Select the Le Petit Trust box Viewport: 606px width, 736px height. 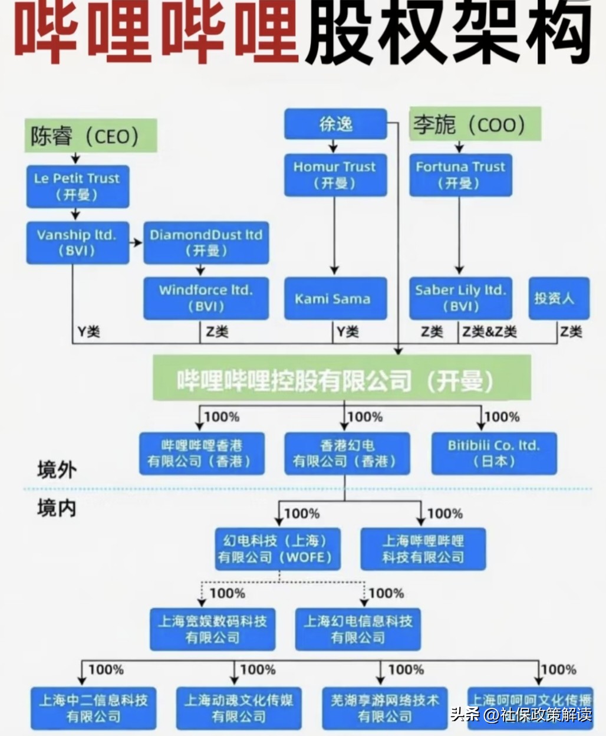click(77, 186)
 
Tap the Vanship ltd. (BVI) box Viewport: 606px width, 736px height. click(77, 242)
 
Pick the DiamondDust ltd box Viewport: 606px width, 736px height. click(206, 242)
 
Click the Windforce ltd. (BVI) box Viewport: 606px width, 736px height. click(206, 298)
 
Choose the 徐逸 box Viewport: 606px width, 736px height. click(335, 124)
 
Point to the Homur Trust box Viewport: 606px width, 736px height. click(335, 175)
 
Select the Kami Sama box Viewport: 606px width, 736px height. click(335, 298)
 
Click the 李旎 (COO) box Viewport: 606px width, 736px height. click(475, 124)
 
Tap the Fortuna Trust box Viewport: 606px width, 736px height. click(460, 175)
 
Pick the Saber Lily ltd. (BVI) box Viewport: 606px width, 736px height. click(460, 298)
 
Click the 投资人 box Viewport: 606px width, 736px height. click(558, 298)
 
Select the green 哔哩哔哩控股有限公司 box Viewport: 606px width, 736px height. click(342, 378)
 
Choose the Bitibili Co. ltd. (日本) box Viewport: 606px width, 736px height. click(494, 454)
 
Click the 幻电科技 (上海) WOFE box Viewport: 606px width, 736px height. click(277, 548)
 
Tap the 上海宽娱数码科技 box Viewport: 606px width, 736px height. click(212, 629)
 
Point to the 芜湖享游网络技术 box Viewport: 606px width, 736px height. click(385, 708)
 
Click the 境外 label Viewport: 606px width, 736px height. click(57, 470)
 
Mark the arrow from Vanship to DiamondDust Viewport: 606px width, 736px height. click(136, 242)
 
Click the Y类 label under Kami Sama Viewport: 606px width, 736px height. click(348, 333)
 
